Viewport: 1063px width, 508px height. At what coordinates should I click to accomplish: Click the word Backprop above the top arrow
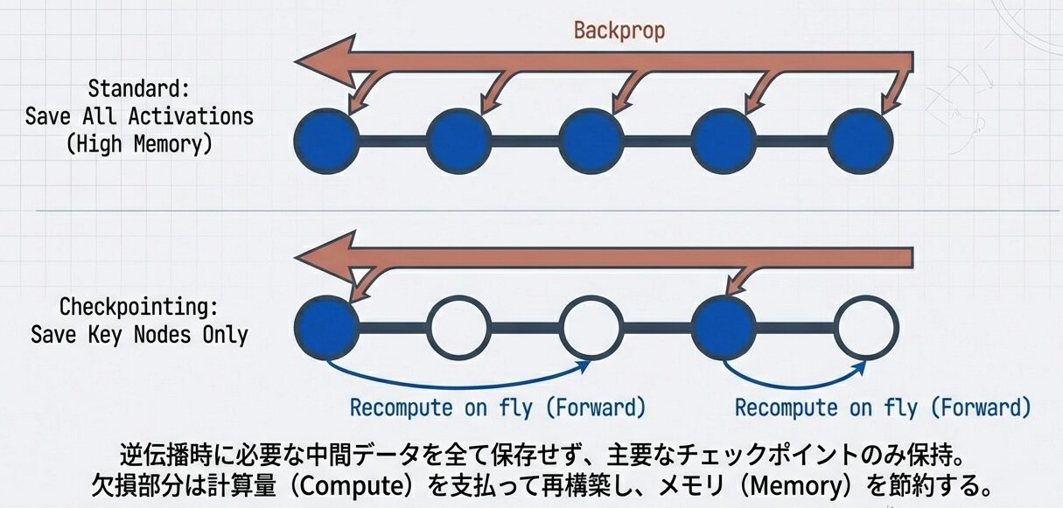619,31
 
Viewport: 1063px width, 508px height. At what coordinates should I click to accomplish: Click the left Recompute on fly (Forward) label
497,407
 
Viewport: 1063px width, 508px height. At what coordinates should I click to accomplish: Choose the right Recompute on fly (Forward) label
882,407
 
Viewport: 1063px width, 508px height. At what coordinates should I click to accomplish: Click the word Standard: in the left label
139,89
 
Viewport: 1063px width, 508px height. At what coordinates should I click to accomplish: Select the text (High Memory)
139,144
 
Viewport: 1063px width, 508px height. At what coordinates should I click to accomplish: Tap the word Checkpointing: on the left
139,307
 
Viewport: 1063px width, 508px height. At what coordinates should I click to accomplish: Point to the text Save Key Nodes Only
139,334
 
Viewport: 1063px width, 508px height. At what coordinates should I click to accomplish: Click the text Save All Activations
139,116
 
